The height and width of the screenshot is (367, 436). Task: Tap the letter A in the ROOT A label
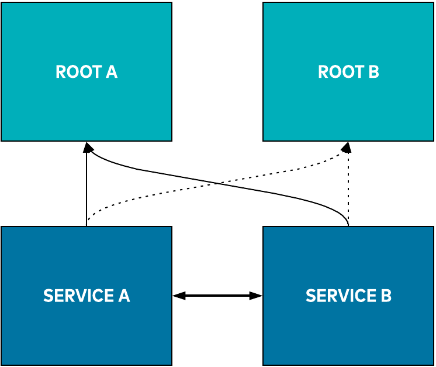coord(111,72)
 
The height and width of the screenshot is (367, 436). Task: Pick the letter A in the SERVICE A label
coord(123,296)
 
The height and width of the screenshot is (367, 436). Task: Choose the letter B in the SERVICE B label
coord(386,296)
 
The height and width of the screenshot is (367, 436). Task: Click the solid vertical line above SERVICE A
coord(86,193)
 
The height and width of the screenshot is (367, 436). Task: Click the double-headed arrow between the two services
coord(217,296)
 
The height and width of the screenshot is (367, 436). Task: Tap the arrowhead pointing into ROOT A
coord(87,147)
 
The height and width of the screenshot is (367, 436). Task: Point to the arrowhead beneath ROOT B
coord(347,147)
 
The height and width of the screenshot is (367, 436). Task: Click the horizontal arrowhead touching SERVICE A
coord(179,296)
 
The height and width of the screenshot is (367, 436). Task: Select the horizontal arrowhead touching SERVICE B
coord(256,296)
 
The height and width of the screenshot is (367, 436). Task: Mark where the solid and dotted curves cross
coord(217,184)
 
